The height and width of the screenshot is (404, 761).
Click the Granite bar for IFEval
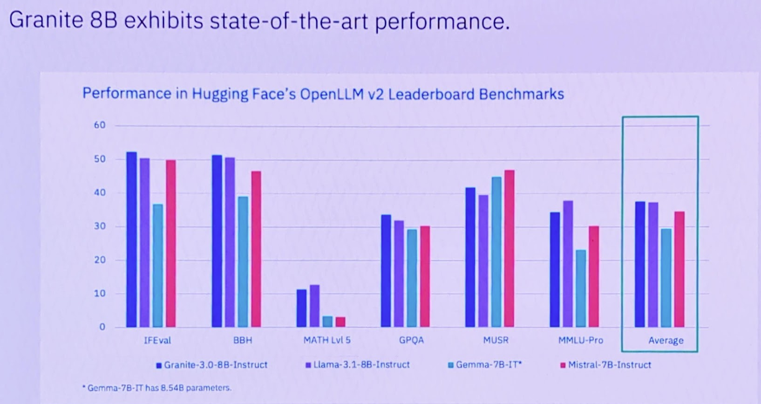click(131, 240)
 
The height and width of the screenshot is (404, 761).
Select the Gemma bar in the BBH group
click(243, 261)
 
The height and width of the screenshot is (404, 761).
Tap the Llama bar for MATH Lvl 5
click(314, 306)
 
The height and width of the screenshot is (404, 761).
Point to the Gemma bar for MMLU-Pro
click(580, 288)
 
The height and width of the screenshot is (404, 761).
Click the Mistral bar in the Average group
click(679, 269)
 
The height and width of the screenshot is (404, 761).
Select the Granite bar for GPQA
click(386, 271)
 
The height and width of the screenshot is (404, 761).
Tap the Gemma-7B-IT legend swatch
click(450, 365)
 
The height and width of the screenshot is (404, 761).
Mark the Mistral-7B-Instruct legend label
click(609, 365)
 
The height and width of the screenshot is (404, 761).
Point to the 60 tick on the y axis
click(100, 125)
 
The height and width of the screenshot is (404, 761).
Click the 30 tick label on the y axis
click(100, 226)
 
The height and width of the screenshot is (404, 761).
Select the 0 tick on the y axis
click(102, 327)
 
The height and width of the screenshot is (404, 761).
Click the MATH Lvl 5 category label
click(327, 340)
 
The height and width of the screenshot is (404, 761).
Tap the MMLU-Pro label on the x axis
click(580, 340)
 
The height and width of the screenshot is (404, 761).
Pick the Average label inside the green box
click(666, 341)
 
